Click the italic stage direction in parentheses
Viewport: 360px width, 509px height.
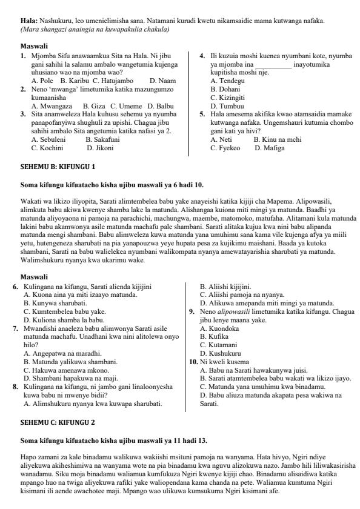coord(95,29)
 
